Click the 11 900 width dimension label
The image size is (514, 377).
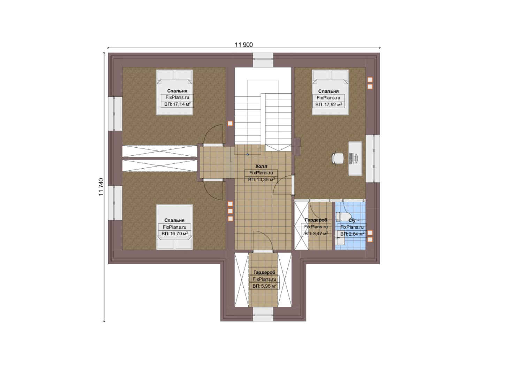point(244,45)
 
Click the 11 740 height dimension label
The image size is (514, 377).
point(101,187)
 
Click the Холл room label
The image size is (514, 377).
point(261,166)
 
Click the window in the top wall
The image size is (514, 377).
point(263,60)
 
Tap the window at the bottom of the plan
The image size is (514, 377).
point(263,315)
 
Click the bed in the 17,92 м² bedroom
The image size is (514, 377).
point(330,93)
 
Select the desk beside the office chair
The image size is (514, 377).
point(355,158)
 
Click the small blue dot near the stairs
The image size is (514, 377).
point(248,154)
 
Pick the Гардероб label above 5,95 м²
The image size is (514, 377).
point(264,272)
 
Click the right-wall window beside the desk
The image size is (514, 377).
point(373,158)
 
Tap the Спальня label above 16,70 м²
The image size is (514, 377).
point(174,220)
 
